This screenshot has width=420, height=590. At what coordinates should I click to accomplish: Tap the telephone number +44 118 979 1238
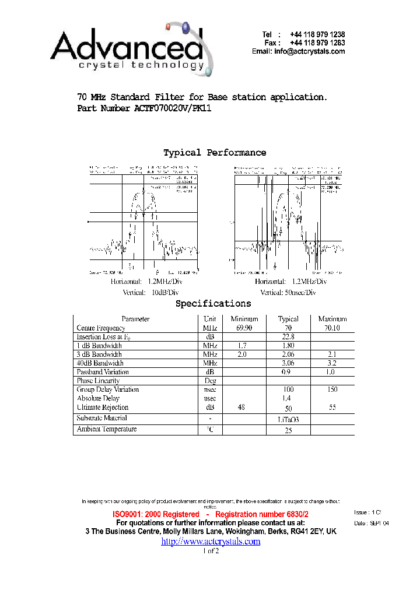click(x=320, y=35)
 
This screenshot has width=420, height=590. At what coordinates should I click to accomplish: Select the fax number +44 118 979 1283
click(x=320, y=43)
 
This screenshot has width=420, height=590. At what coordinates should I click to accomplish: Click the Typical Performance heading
click(x=215, y=153)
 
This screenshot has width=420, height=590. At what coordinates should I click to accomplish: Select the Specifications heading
click(x=213, y=304)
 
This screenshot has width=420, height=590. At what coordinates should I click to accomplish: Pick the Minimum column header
click(x=244, y=319)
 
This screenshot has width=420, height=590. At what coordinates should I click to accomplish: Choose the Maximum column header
click(x=332, y=319)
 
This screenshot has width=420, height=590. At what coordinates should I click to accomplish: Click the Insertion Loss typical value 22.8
click(x=288, y=337)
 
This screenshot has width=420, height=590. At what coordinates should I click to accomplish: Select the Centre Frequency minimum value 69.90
click(x=244, y=328)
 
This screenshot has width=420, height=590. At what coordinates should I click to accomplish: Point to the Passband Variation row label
click(x=103, y=372)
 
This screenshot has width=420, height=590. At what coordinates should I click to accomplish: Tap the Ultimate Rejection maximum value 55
click(x=332, y=408)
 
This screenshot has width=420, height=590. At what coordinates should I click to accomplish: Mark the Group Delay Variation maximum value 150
click(x=332, y=389)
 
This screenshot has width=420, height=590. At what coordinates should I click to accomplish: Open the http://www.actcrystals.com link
click(x=211, y=542)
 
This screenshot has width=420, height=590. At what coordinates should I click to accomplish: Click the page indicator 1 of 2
click(x=211, y=552)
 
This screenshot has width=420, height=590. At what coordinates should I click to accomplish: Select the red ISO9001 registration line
click(x=211, y=514)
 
